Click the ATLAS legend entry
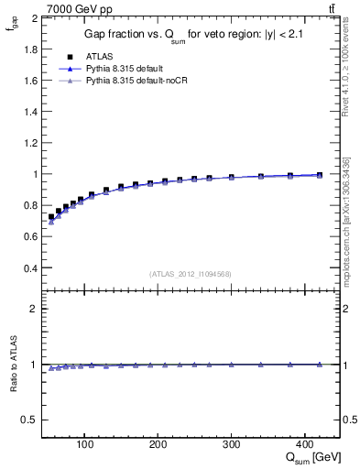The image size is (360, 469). click(x=99, y=56)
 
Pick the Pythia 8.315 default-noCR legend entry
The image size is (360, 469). click(x=130, y=82)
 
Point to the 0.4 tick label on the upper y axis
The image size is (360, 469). click(x=30, y=268)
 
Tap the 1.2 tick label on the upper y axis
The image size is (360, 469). click(x=30, y=143)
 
